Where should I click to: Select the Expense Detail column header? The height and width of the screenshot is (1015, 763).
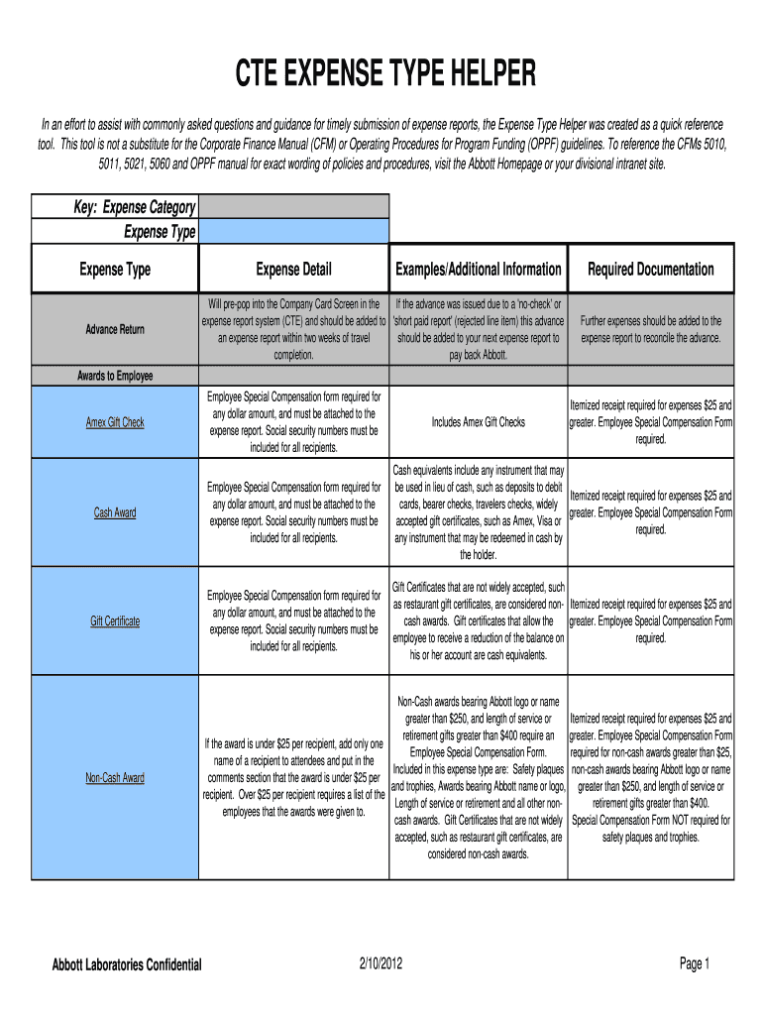293,269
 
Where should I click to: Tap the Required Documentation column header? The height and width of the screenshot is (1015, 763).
650,269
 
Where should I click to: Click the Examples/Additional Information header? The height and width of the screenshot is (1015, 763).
479,269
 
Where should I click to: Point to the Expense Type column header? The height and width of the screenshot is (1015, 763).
115,269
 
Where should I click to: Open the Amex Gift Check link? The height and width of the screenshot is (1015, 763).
115,422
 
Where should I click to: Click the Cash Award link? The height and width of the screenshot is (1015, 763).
115,512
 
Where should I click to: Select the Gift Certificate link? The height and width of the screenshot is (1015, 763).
115,620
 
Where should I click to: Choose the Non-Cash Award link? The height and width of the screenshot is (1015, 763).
115,777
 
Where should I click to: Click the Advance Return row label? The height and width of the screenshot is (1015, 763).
115,329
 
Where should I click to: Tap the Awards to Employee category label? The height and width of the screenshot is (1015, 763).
115,376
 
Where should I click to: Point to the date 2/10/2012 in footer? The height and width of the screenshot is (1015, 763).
381,963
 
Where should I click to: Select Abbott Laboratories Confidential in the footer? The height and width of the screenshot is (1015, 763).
127,964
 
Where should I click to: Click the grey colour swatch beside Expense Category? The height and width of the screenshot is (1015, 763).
293,206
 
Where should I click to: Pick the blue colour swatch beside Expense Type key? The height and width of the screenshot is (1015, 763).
293,231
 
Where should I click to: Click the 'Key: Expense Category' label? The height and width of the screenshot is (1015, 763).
135,206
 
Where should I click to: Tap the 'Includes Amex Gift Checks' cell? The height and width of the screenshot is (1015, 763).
479,422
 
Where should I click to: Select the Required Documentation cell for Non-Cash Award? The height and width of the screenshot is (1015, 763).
650,777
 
